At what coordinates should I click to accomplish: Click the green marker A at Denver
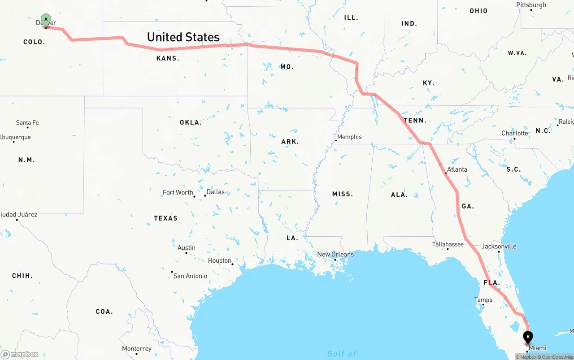tap(46, 20)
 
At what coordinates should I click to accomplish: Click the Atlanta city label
tap(457, 169)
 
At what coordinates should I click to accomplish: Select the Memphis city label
tap(349, 137)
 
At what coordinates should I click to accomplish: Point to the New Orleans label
tap(335, 254)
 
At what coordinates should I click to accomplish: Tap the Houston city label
tap(220, 260)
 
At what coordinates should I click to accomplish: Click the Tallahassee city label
tap(448, 244)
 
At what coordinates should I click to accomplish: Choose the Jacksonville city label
tap(499, 246)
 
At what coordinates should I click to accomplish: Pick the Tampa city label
tap(483, 300)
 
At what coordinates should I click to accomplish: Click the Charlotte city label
tap(515, 133)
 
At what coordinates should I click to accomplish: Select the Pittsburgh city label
tap(531, 5)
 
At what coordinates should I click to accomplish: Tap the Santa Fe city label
tap(27, 122)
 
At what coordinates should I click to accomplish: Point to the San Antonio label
tap(191, 276)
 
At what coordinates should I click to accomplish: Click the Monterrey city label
tap(137, 348)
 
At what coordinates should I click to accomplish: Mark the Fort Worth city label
tap(178, 192)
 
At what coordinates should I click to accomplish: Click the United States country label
tap(183, 37)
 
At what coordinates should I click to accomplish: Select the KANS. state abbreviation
tap(168, 58)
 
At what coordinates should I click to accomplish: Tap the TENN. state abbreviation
tap(415, 120)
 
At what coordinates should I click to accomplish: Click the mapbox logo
tap(20, 354)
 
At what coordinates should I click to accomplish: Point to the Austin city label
tap(186, 247)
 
